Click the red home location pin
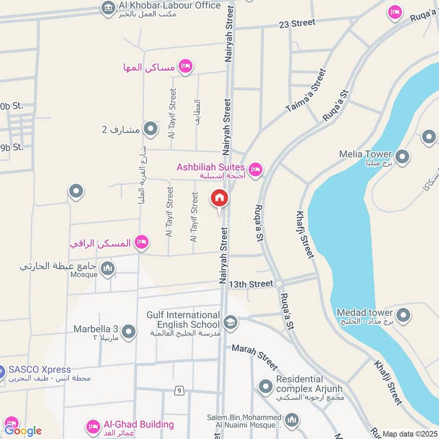click(219, 199)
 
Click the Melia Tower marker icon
click(402, 158)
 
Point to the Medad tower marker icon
click(403, 316)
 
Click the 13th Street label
click(251, 284)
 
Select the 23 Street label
click(297, 23)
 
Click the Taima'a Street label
click(306, 91)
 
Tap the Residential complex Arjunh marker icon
click(266, 387)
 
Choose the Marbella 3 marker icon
click(129, 332)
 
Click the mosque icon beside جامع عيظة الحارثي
click(108, 268)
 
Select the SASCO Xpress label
click(40, 369)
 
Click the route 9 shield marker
click(179, 391)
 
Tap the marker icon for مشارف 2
click(150, 130)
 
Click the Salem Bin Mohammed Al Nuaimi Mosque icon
click(291, 420)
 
